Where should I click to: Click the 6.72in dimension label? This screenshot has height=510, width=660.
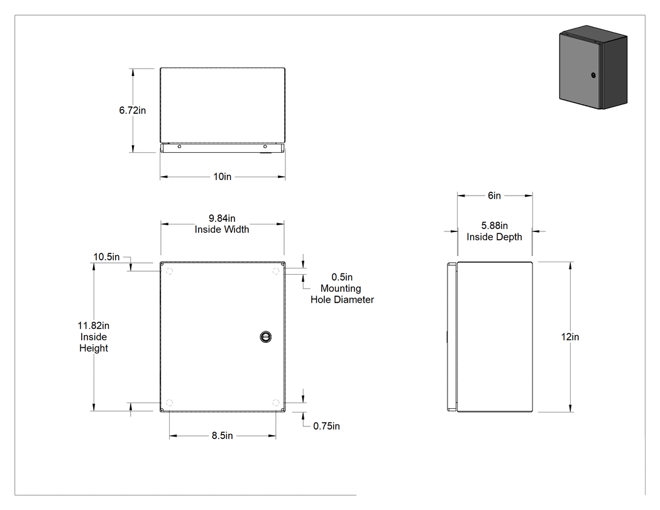(132, 110)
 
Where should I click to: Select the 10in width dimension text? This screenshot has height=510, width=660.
(223, 177)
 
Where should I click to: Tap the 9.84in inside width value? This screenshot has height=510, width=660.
(222, 218)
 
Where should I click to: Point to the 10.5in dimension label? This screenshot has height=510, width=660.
(106, 257)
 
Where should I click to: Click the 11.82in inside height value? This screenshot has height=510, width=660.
(94, 326)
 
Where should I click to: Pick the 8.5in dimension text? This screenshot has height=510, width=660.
(223, 435)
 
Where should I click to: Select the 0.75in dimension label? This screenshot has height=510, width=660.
(326, 426)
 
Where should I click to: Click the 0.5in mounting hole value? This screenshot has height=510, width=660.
(342, 277)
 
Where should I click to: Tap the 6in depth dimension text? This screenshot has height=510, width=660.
(494, 196)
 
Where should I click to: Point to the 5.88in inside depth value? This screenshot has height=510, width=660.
(494, 226)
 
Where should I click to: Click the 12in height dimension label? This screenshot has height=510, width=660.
(570, 337)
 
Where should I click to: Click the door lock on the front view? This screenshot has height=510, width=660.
(266, 336)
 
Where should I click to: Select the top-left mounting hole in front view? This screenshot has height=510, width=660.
(169, 271)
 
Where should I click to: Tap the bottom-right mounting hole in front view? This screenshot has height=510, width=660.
(276, 402)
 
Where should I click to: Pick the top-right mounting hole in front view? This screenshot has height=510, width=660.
(276, 271)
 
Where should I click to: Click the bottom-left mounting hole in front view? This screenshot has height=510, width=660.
(169, 402)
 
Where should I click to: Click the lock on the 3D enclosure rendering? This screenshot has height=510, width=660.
(593, 75)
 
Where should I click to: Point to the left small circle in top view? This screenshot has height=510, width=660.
(179, 147)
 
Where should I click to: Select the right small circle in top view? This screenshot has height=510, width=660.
(265, 147)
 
